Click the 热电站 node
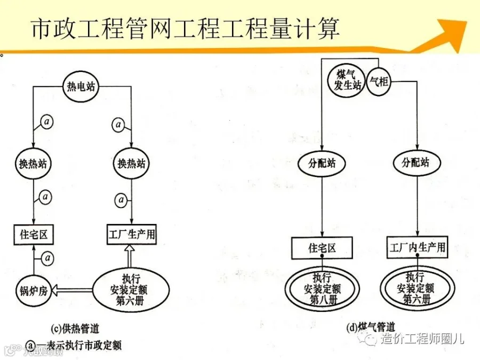(x=81, y=86)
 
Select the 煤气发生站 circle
(x=348, y=80)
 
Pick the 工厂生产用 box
(x=131, y=234)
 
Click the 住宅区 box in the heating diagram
(x=34, y=234)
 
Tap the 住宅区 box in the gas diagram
(x=322, y=248)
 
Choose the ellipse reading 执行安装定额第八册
(x=322, y=289)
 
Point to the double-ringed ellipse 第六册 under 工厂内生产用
(x=415, y=289)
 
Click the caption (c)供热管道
(x=75, y=327)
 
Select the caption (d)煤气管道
(x=368, y=326)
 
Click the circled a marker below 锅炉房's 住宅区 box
(x=48, y=259)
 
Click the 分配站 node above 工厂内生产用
(x=414, y=163)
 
